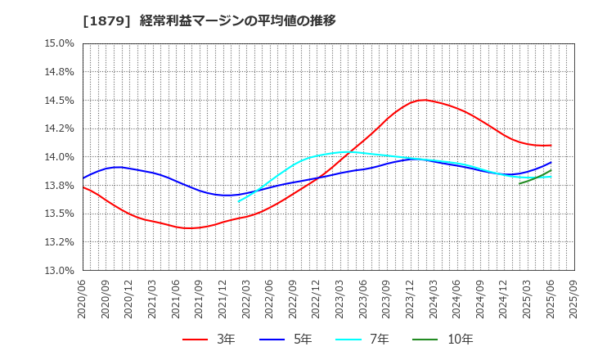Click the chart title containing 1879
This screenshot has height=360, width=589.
tap(209, 20)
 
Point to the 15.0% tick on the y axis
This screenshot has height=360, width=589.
tap(57, 44)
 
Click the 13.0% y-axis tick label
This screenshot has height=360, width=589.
tap(57, 271)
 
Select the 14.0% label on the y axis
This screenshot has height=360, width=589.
tap(57, 157)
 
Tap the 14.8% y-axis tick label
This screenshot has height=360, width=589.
tap(57, 72)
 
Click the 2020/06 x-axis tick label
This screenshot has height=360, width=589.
tap(83, 299)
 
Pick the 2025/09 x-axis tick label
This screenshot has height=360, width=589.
tap(574, 299)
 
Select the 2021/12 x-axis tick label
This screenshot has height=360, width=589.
tap(223, 299)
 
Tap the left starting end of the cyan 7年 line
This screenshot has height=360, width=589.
tap(238, 201)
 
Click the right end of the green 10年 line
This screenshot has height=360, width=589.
tap(551, 171)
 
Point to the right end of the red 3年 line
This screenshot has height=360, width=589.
tap(551, 146)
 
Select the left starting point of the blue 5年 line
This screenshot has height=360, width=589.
tap(83, 178)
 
